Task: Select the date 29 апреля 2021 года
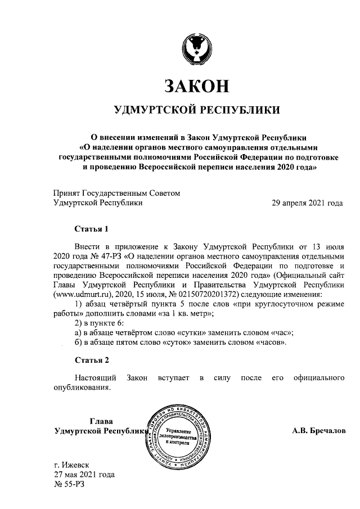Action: point(308,203)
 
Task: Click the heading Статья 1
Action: point(90,229)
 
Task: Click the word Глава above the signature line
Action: point(101,421)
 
